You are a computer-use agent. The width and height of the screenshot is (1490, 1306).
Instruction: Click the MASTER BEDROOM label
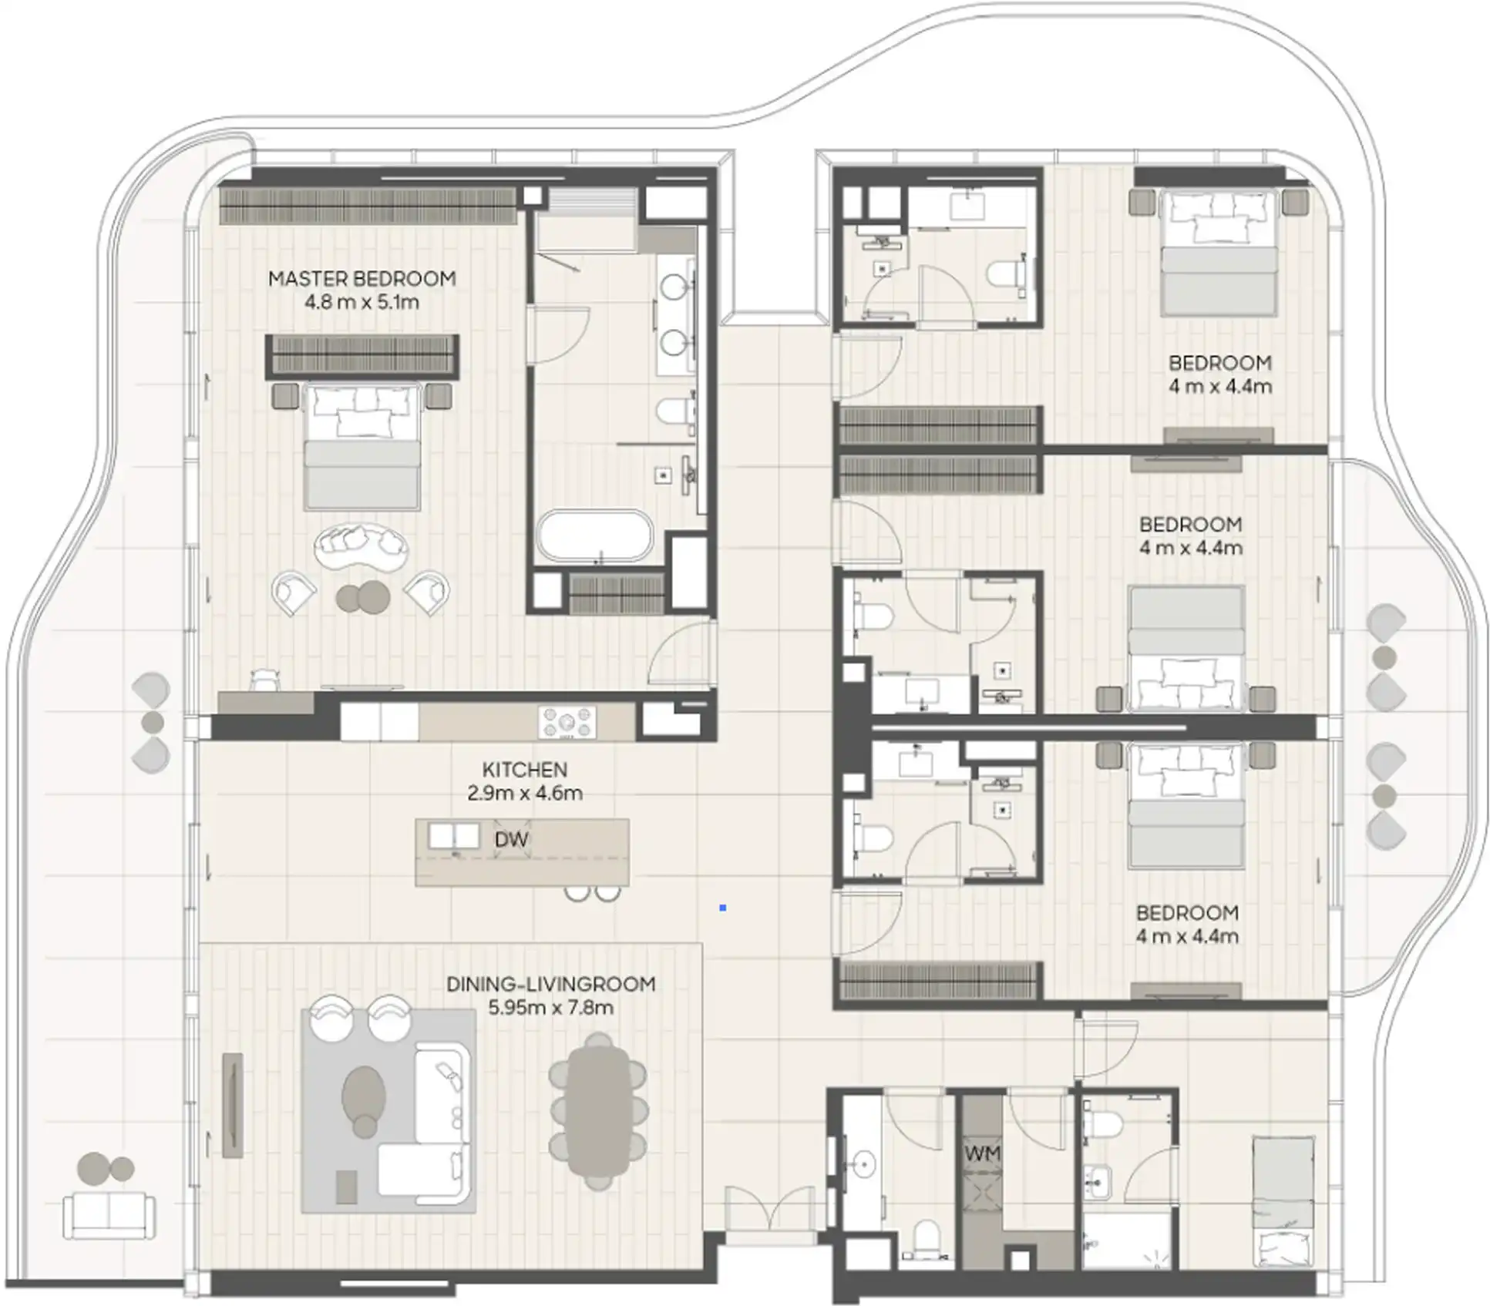tap(362, 279)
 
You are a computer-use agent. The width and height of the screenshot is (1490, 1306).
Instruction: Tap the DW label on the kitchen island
tap(511, 840)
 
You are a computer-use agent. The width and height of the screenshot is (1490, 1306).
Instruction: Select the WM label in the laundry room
tap(981, 1153)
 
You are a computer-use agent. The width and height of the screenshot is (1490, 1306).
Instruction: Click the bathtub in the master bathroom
tap(594, 535)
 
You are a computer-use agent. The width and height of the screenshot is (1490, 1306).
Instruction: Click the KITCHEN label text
tap(524, 770)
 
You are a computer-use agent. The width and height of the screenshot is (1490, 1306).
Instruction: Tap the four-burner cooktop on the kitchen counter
tap(567, 723)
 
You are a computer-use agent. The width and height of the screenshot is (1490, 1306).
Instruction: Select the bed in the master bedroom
tap(362, 447)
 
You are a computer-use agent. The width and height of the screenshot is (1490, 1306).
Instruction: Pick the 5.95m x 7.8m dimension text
tap(550, 1008)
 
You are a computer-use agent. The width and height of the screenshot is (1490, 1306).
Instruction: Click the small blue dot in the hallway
tap(722, 908)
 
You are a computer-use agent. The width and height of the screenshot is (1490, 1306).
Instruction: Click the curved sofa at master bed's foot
tap(361, 546)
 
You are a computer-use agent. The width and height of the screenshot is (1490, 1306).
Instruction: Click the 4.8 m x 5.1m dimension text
tap(362, 302)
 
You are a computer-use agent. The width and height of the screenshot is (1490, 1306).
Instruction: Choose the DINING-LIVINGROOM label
tap(550, 984)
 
